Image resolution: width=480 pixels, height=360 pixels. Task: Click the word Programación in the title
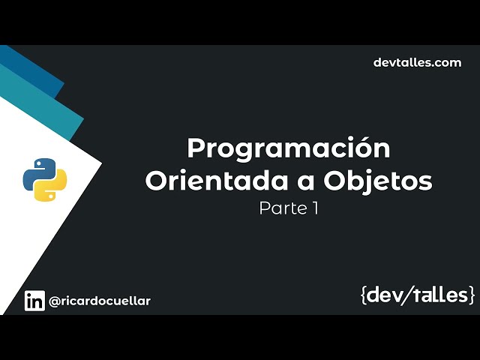289,148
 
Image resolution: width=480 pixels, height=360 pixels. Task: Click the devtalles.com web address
417,62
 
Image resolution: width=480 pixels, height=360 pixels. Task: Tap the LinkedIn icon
34,301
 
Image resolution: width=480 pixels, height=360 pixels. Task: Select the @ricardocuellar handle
100,301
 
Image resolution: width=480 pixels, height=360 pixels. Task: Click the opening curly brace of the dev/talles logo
364,295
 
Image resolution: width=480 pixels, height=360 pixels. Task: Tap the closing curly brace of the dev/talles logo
471,295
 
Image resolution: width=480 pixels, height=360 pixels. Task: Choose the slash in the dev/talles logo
405,295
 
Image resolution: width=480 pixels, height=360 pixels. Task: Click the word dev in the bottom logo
383,295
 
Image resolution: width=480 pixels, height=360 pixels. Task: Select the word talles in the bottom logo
438,295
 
